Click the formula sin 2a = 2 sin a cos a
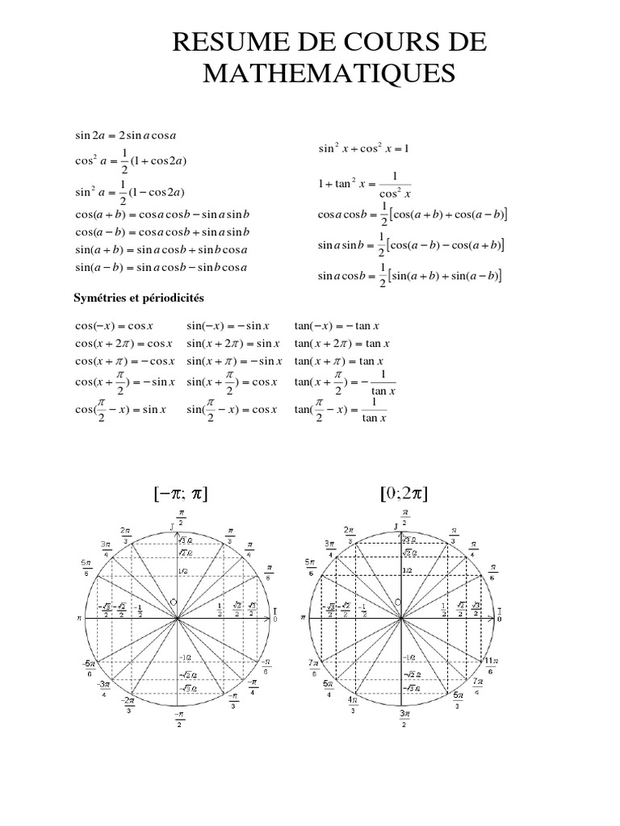pyautogui.click(x=125, y=135)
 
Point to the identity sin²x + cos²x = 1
pyautogui.click(x=364, y=148)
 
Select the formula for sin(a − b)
pyautogui.click(x=161, y=267)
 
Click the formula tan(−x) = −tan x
pyautogui.click(x=337, y=327)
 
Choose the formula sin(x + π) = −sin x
pyautogui.click(x=234, y=361)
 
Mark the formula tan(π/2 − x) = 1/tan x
pyautogui.click(x=341, y=410)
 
